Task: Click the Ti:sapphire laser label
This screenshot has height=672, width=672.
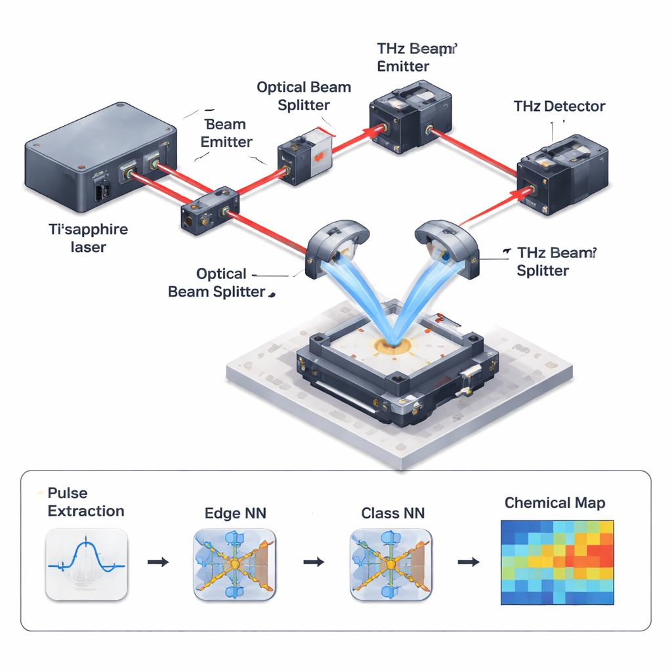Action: coord(89,238)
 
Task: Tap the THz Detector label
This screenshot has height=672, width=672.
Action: coord(560,106)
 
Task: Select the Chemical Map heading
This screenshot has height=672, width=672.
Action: coord(555,503)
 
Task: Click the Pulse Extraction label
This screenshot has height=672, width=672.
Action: coord(85,502)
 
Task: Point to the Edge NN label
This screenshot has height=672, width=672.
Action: coord(236,513)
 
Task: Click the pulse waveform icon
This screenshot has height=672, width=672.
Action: coord(87,564)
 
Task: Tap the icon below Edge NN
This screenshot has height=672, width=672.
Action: coord(235,564)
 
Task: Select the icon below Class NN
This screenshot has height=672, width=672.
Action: coord(391,564)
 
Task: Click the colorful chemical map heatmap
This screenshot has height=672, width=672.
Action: coord(556,562)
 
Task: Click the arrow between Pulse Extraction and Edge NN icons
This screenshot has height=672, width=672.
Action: coord(158,562)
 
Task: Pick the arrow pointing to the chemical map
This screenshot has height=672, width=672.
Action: coord(468,562)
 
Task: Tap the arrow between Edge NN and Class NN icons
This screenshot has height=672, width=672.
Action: coord(314,562)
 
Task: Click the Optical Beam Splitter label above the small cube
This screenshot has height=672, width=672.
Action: coord(303,96)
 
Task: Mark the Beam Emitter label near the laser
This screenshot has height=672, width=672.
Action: coord(226,133)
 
